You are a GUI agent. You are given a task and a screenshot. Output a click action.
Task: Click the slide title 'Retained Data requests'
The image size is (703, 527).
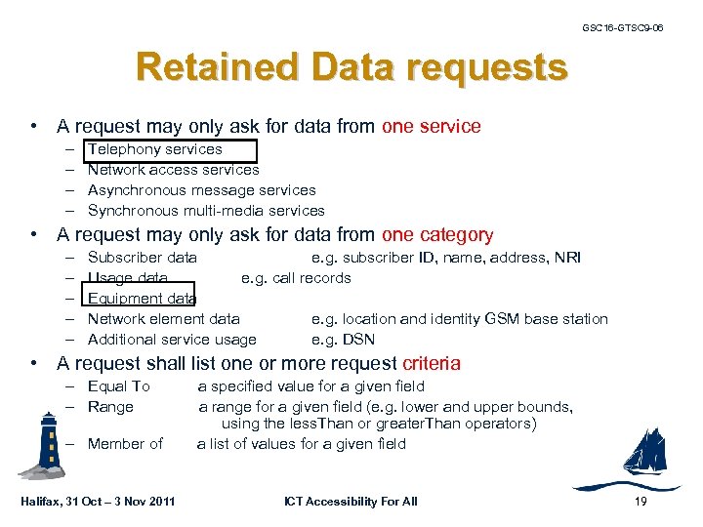pos(351,68)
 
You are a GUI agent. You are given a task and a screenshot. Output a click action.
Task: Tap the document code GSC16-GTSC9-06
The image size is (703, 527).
pos(622,27)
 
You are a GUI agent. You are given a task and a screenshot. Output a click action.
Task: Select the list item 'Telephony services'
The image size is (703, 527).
pos(155,149)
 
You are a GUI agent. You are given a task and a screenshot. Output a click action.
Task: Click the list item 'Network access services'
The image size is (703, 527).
pos(173,170)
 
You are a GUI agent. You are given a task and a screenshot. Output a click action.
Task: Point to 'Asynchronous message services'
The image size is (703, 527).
pos(201,190)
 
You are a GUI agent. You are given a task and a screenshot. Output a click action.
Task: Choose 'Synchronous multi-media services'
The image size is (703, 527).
pos(206,211)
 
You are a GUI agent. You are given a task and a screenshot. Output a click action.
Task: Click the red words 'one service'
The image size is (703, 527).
pos(432,126)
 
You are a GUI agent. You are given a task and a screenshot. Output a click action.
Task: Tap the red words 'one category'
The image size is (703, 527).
pos(437,235)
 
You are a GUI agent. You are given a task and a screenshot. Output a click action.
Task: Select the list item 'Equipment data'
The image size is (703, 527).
pos(142,299)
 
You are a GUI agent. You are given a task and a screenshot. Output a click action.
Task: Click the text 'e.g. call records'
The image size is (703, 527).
pos(296,278)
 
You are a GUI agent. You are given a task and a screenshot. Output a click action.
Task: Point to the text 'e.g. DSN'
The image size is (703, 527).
pos(343,340)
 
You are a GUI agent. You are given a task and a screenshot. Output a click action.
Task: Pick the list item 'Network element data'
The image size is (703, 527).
pos(163,319)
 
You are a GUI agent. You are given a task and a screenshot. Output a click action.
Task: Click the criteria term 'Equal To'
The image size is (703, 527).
pos(118,386)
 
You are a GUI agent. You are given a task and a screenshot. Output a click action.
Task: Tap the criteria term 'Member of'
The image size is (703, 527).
pos(125,444)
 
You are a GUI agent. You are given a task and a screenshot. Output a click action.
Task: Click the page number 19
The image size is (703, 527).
pos(641,502)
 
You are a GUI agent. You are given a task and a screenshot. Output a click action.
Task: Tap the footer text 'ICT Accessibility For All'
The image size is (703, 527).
pos(351,502)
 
